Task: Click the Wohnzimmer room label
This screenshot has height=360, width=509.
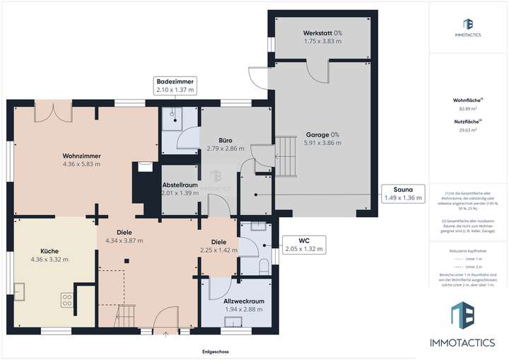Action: [81, 155]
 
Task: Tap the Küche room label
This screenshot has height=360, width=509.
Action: [49, 250]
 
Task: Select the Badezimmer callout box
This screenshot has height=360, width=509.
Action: [175, 86]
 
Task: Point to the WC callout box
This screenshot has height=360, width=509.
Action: [303, 245]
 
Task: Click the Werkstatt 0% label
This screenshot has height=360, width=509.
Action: [323, 33]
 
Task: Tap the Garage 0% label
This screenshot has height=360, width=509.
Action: [322, 134]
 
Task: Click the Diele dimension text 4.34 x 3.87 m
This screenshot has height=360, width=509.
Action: [124, 240]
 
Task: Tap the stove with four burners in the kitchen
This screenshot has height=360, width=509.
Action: [67, 299]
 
